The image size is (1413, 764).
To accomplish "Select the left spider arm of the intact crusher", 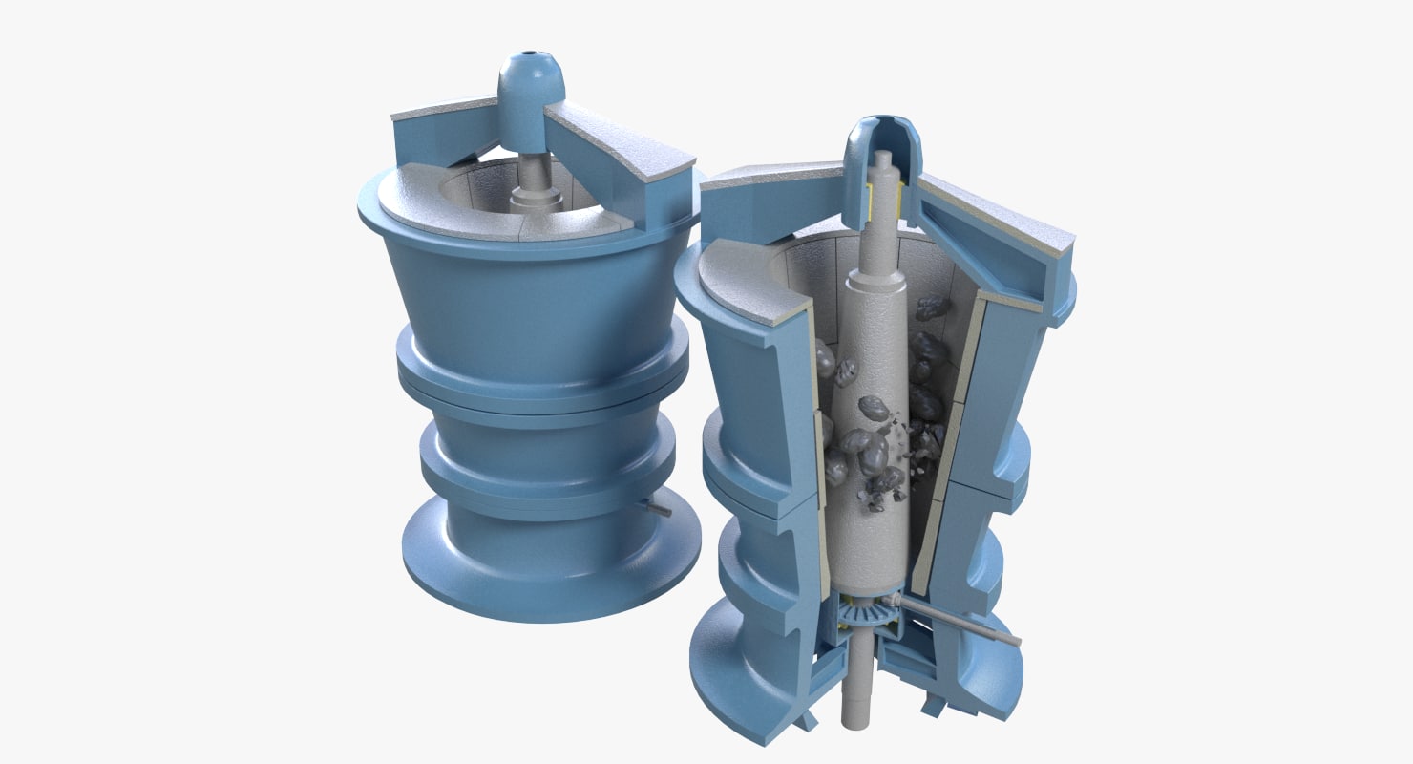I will pos(430,143).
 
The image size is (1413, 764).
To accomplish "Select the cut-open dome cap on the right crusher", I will pos(884,143).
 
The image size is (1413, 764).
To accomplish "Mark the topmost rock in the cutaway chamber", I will pos(932,308).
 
